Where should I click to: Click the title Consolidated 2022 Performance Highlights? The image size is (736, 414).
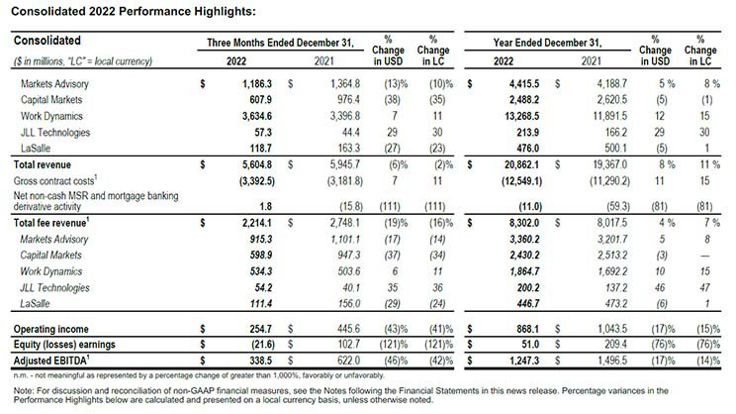tap(134, 11)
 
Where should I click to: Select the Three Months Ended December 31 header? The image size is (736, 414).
tap(280, 43)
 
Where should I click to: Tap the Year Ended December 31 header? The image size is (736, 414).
tap(547, 43)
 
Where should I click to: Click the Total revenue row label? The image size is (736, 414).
tap(43, 165)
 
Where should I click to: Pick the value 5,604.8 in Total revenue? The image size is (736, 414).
tap(257, 165)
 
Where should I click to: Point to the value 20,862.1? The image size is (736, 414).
tap(521, 165)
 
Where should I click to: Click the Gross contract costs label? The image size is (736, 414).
tap(55, 180)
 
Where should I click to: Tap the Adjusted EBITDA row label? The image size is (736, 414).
tap(51, 361)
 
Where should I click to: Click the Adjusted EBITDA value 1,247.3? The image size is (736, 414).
tap(524, 361)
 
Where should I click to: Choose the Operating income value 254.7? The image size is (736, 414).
tap(260, 329)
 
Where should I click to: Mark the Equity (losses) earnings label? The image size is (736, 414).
tap(64, 345)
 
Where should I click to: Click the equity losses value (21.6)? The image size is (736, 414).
tap(263, 345)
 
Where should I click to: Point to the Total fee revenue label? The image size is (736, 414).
tap(51, 223)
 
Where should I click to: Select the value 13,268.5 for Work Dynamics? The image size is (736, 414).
tap(521, 116)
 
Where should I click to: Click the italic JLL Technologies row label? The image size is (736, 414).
tap(54, 287)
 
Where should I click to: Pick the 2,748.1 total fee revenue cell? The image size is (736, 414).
tap(345, 223)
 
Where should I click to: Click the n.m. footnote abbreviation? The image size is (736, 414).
tap(21, 375)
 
